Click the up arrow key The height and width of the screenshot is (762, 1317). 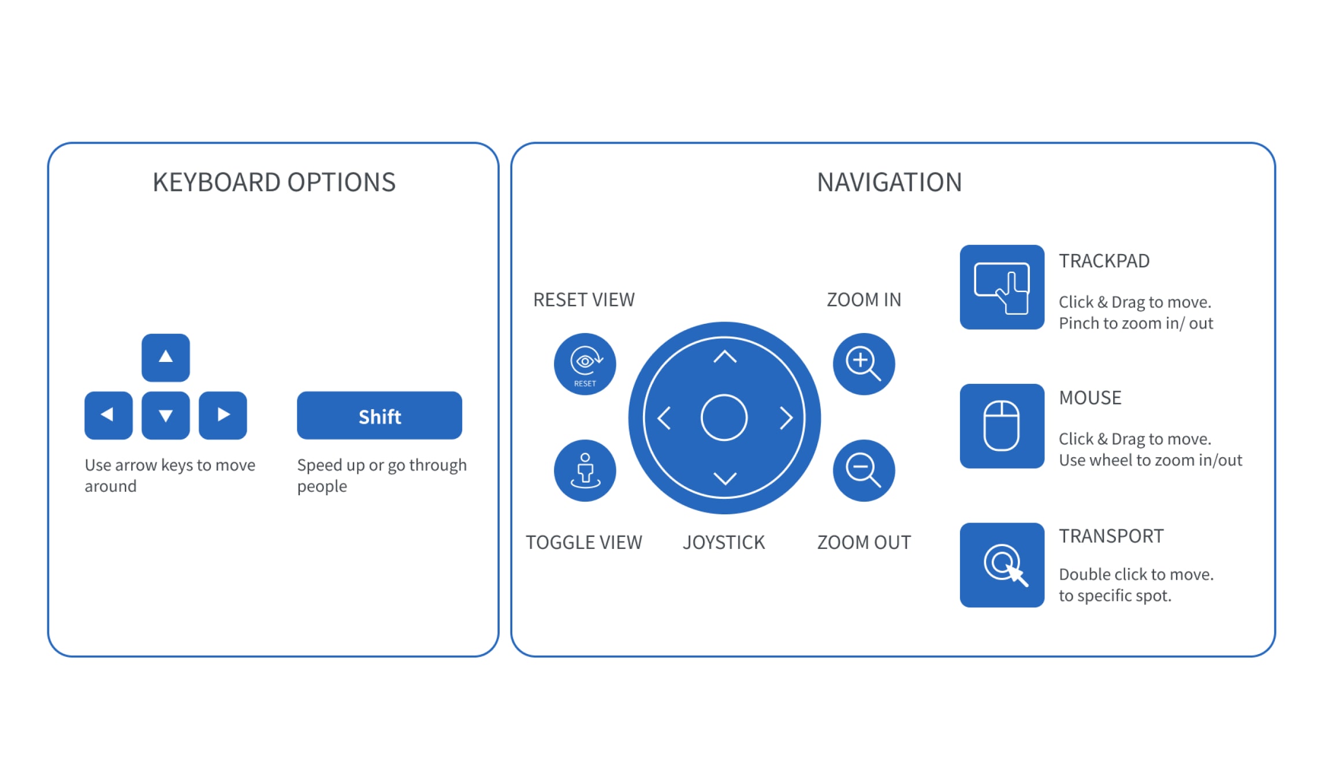tap(166, 357)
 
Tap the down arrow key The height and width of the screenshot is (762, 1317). tap(166, 415)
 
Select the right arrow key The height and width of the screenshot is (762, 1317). tap(223, 415)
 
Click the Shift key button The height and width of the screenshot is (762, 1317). tap(380, 416)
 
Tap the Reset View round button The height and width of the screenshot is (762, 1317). tap(585, 364)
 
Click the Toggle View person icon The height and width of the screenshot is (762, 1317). tap(585, 470)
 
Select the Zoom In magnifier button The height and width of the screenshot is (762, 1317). tap(864, 364)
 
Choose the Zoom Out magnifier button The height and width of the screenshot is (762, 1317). tap(864, 470)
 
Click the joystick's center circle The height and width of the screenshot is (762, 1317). tap(724, 417)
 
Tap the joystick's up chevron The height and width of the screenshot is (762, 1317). tap(725, 357)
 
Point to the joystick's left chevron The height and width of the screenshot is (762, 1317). tap(664, 418)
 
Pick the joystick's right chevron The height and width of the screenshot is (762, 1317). tap(786, 418)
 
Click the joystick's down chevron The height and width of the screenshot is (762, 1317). tap(725, 479)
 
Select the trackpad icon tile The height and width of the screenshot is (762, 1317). tap(1002, 287)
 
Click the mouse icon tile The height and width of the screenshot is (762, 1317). tap(1002, 426)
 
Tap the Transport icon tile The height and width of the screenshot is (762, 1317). tap(1002, 565)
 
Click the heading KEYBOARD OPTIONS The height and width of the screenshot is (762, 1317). tap(274, 182)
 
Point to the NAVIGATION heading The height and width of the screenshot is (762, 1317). tap(890, 182)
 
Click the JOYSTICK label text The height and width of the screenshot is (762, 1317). tap(724, 543)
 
